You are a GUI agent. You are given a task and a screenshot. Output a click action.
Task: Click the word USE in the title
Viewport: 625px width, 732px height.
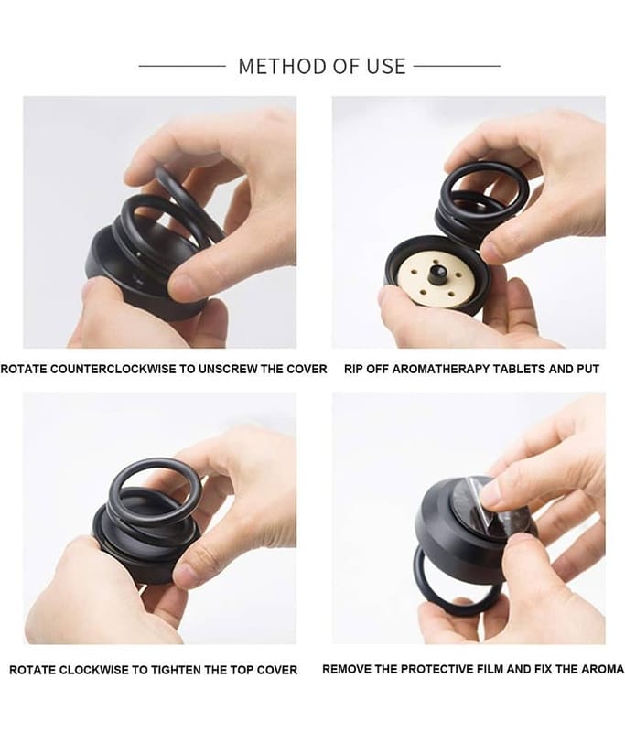tap(385, 66)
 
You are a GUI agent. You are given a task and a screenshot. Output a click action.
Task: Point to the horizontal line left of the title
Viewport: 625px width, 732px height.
tap(182, 66)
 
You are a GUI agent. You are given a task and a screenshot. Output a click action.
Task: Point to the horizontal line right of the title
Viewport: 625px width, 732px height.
tap(457, 66)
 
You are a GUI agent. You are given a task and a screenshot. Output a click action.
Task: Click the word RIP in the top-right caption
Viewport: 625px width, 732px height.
tap(353, 369)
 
